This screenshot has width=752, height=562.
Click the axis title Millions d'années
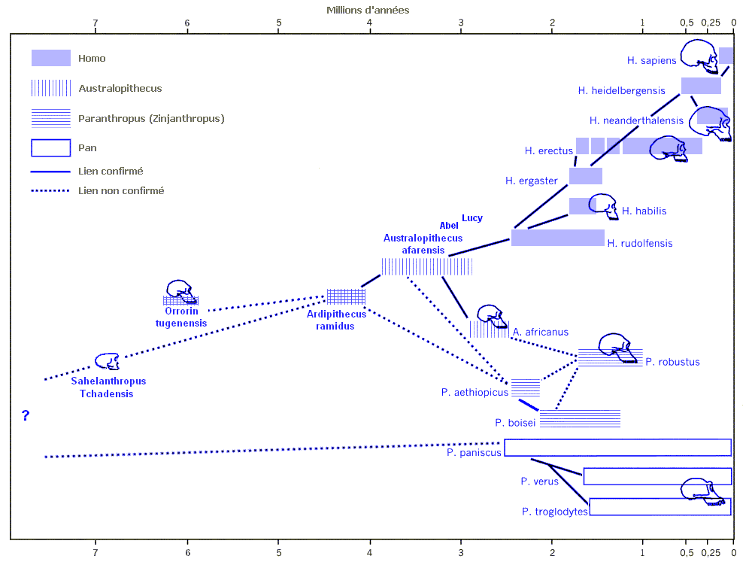click(368, 10)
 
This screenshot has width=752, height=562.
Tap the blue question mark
click(26, 415)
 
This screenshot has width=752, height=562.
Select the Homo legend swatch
click(50, 58)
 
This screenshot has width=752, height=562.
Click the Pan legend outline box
click(50, 148)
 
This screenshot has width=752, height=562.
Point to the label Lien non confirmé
click(121, 191)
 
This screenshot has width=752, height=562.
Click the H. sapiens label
click(651, 60)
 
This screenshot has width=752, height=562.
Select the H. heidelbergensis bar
click(701, 86)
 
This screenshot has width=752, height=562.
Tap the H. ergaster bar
click(585, 176)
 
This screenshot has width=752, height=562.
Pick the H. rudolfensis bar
click(557, 238)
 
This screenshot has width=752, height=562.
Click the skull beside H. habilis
click(603, 205)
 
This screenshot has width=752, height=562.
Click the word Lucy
click(472, 218)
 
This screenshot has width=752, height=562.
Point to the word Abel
click(449, 226)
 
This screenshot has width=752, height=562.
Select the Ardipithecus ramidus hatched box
click(346, 297)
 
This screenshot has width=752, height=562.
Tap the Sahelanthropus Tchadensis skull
click(108, 362)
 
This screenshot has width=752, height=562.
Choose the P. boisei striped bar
click(580, 418)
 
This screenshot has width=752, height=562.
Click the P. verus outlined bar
click(656, 476)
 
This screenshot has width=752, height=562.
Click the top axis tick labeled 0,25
click(710, 23)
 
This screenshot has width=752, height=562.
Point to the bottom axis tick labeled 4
click(370, 550)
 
